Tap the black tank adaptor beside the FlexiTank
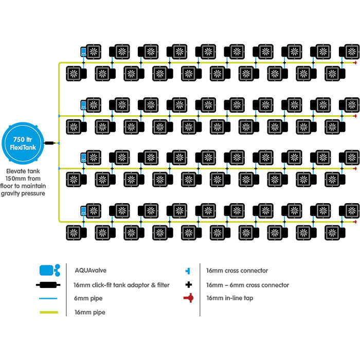(x=50, y=142)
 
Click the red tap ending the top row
(x=355, y=63)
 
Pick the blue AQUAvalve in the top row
(x=83, y=51)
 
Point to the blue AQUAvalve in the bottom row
(x=83, y=210)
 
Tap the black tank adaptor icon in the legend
(x=49, y=284)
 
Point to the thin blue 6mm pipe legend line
(x=49, y=298)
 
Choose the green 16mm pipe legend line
(x=49, y=312)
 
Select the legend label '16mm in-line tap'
(x=230, y=298)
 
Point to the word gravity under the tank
(x=14, y=193)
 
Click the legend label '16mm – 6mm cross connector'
(x=247, y=284)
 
